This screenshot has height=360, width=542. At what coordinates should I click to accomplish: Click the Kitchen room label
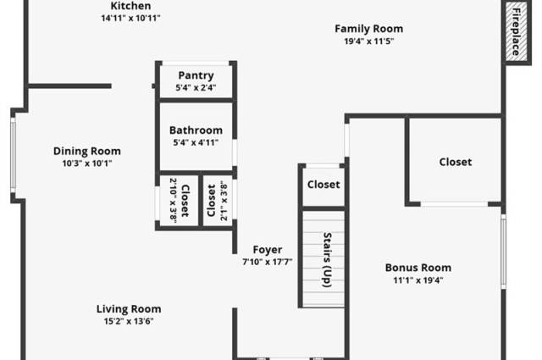click(130, 6)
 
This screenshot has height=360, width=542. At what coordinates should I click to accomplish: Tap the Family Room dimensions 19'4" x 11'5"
click(369, 42)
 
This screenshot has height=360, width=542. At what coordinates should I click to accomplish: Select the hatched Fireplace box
click(517, 32)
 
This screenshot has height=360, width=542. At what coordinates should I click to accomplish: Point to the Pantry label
click(196, 75)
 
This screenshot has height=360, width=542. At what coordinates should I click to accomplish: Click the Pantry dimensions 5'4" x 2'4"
click(196, 87)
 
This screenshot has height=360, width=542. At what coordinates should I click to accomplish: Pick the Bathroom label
click(196, 130)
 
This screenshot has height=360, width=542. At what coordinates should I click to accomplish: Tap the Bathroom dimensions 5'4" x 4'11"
click(196, 142)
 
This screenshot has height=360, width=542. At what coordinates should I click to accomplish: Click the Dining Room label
click(87, 151)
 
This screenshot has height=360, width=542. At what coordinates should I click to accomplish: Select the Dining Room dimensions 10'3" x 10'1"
click(87, 163)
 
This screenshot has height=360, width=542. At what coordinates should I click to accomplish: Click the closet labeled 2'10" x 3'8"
click(180, 201)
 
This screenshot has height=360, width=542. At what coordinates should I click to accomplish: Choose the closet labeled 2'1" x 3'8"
click(218, 201)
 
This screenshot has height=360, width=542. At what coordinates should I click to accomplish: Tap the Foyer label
click(268, 250)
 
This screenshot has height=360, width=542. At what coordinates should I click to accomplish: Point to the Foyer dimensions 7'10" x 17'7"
click(268, 262)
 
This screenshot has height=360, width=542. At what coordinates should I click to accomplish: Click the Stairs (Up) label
click(327, 260)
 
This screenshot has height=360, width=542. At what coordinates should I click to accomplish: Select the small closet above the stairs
click(324, 186)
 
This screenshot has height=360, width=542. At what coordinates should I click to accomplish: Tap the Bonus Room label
click(418, 268)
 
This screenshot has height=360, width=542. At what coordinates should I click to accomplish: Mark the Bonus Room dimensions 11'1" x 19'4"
click(418, 280)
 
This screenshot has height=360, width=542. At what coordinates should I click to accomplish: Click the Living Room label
click(129, 309)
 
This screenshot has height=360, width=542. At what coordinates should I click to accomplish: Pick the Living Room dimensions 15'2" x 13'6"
click(129, 321)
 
